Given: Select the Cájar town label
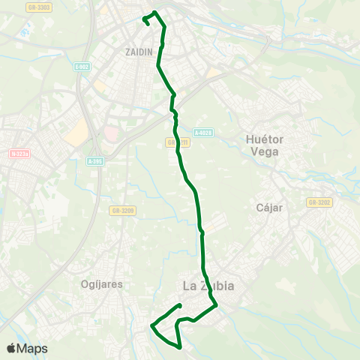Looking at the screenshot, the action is tap(268, 208).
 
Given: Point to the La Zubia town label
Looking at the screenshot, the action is tap(208, 286).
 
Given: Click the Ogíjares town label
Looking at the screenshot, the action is tap(101, 284).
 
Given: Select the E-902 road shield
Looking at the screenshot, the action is tap(82, 67).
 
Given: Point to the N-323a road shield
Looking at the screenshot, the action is tap(20, 154).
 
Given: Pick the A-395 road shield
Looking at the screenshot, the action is tap(94, 160).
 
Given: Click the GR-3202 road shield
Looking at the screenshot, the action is tap(319, 202).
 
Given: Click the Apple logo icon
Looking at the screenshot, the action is tap(11, 348).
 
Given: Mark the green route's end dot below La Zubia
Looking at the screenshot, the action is tap(181, 305).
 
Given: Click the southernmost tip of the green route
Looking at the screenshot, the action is tap(181, 347).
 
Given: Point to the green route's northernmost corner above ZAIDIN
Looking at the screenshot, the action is tap(155, 12).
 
